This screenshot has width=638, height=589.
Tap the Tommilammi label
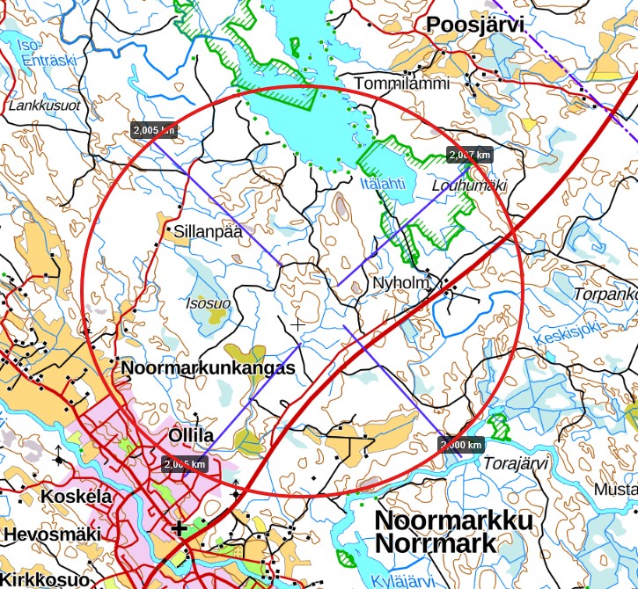[401, 84]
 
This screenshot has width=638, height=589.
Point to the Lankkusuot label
[44, 105]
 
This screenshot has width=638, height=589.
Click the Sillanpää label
[208, 233]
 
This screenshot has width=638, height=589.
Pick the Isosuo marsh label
[208, 303]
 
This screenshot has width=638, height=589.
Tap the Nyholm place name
[400, 283]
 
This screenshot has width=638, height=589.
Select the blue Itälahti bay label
[383, 184]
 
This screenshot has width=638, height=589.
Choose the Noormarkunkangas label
[208, 368]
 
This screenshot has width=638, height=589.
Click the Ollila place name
[191, 436]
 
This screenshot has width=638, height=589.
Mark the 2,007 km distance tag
[469, 155]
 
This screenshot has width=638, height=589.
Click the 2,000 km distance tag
[461, 444]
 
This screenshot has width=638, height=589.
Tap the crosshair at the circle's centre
[297, 324]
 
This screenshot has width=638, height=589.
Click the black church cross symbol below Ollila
[180, 527]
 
